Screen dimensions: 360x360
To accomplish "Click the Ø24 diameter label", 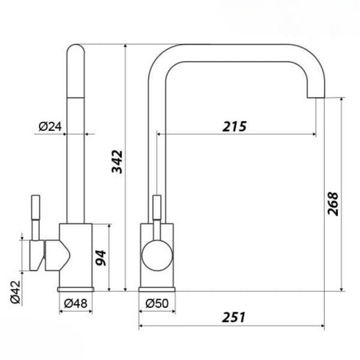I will point(48,126).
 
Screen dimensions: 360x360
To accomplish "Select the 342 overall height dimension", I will point(117,162).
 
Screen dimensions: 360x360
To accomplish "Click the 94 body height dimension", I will point(101,257).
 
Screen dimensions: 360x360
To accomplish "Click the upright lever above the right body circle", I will point(156,211).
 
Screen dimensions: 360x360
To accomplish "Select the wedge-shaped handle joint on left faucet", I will point(57,254).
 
